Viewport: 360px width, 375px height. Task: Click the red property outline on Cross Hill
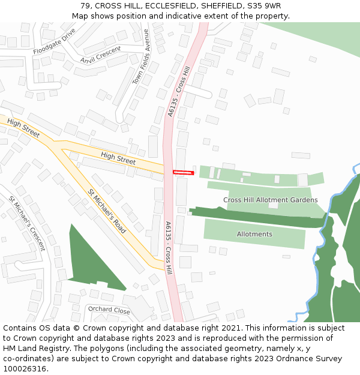(x=184, y=172)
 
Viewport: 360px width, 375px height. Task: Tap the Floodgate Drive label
(x=55, y=41)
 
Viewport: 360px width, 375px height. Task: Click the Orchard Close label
(x=109, y=310)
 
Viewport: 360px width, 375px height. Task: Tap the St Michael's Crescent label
(x=26, y=223)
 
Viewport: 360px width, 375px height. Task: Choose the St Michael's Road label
(x=107, y=211)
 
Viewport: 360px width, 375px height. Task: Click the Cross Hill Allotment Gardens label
(x=271, y=200)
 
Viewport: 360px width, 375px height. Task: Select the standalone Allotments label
(x=254, y=234)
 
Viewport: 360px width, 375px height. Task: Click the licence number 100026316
(x=25, y=368)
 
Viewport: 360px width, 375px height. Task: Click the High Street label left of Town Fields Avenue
(x=23, y=128)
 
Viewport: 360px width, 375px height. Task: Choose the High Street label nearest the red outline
(x=118, y=158)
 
